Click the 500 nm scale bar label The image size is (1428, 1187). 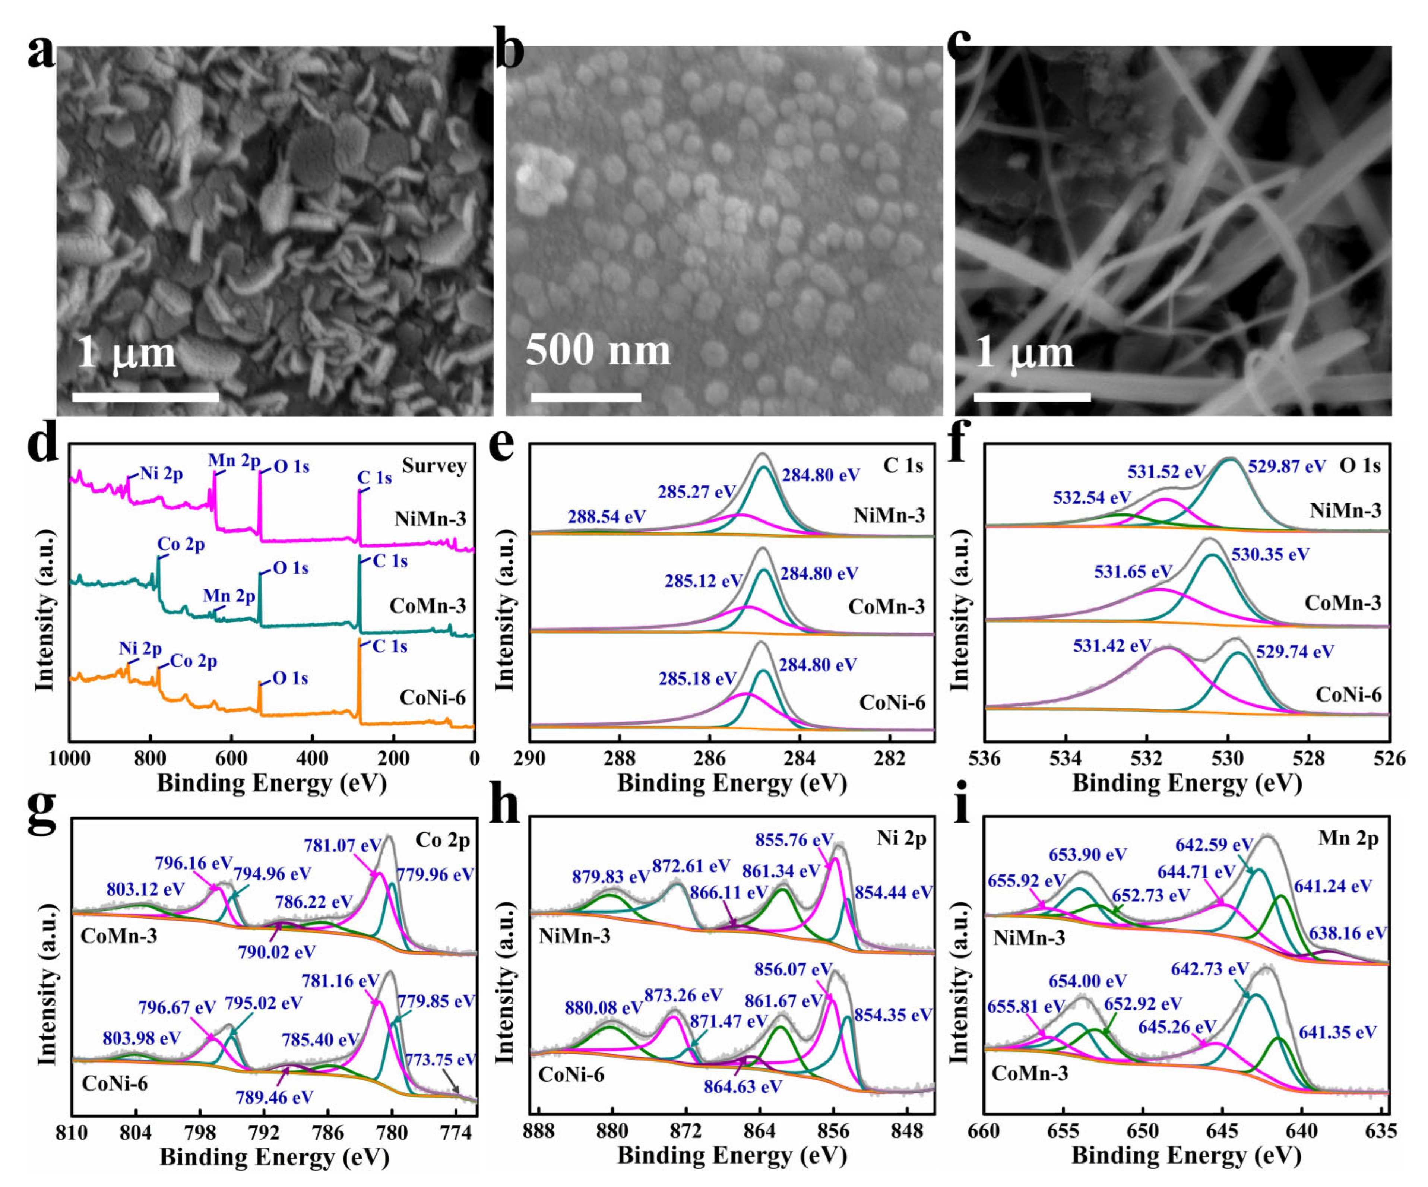coord(598,350)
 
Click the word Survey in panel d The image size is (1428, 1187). coord(434,466)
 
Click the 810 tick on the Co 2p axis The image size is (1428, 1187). coord(72,1131)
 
